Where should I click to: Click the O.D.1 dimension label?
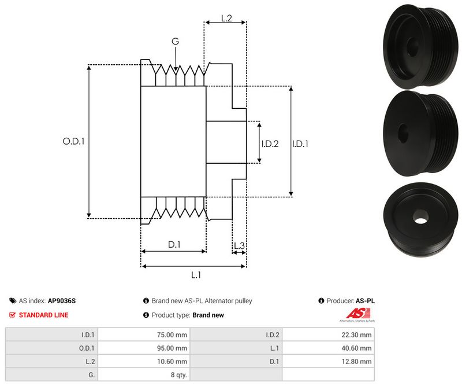[x=73, y=141]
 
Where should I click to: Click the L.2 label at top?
[x=226, y=19]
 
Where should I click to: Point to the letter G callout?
[x=176, y=42]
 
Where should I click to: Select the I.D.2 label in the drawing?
[x=270, y=144]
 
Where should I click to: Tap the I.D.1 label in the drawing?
[x=300, y=144]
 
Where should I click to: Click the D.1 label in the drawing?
[x=174, y=245]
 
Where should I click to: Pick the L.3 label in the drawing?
[x=239, y=247]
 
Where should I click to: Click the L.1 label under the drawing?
[x=196, y=275]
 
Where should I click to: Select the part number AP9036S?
[x=62, y=301]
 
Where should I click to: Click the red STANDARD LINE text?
[x=43, y=315]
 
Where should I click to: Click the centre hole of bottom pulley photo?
[x=420, y=216]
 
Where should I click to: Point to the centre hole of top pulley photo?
[x=413, y=47]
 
